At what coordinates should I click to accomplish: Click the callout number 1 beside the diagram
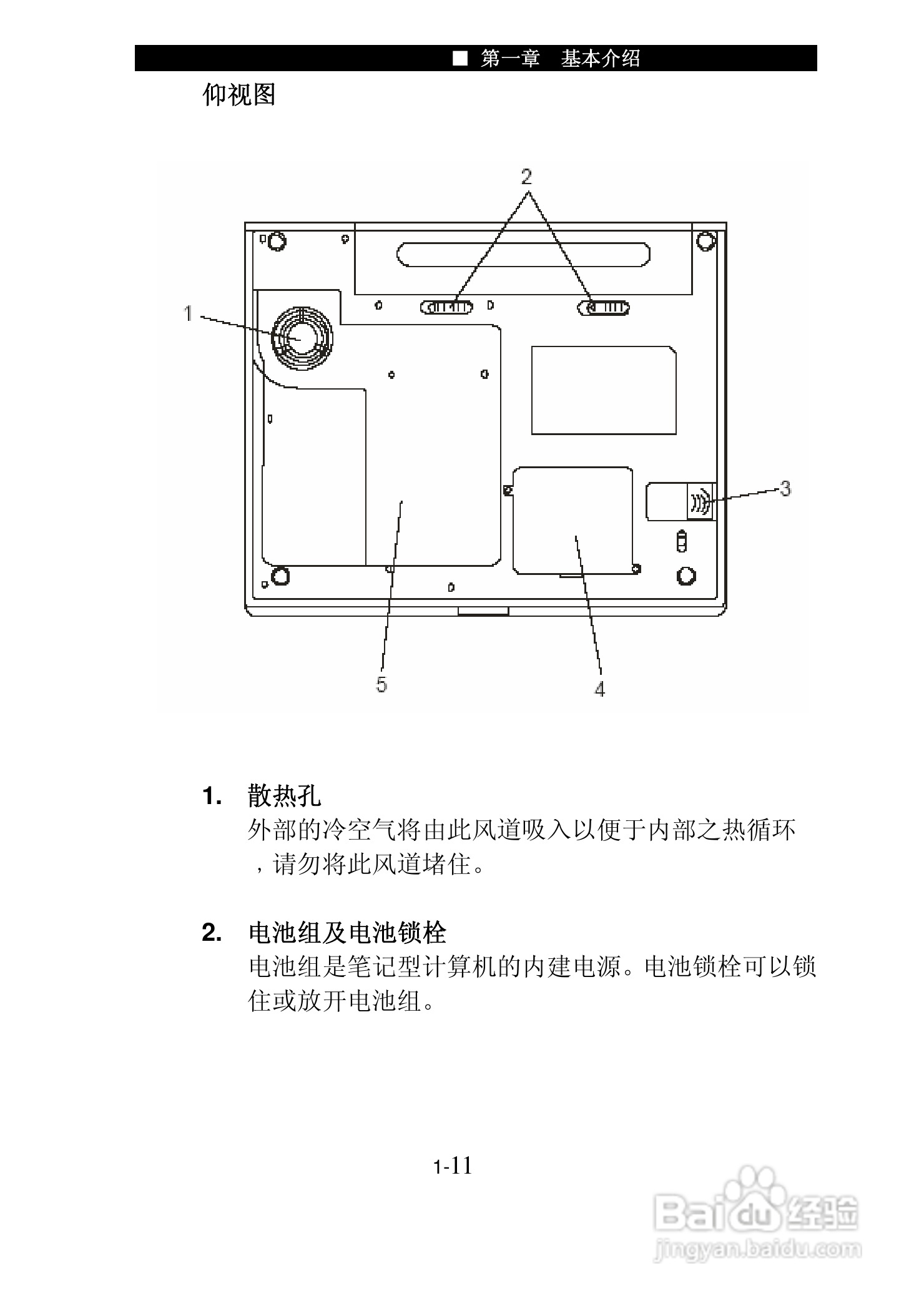click(188, 313)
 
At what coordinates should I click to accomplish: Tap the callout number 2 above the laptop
click(527, 177)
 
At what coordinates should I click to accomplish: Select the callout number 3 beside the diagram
click(785, 488)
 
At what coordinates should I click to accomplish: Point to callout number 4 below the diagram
click(599, 689)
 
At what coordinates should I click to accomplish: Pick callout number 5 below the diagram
click(381, 684)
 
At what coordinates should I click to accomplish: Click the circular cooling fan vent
click(302, 338)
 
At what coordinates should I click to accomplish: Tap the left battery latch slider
click(446, 307)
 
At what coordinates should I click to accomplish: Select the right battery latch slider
click(604, 308)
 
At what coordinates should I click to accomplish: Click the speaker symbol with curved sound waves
click(700, 501)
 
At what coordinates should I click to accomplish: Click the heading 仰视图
click(239, 95)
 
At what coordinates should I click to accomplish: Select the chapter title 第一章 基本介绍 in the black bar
click(560, 59)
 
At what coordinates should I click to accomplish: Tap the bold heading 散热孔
click(285, 796)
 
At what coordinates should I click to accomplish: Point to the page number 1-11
click(453, 1166)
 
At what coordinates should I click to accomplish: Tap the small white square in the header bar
click(460, 59)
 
